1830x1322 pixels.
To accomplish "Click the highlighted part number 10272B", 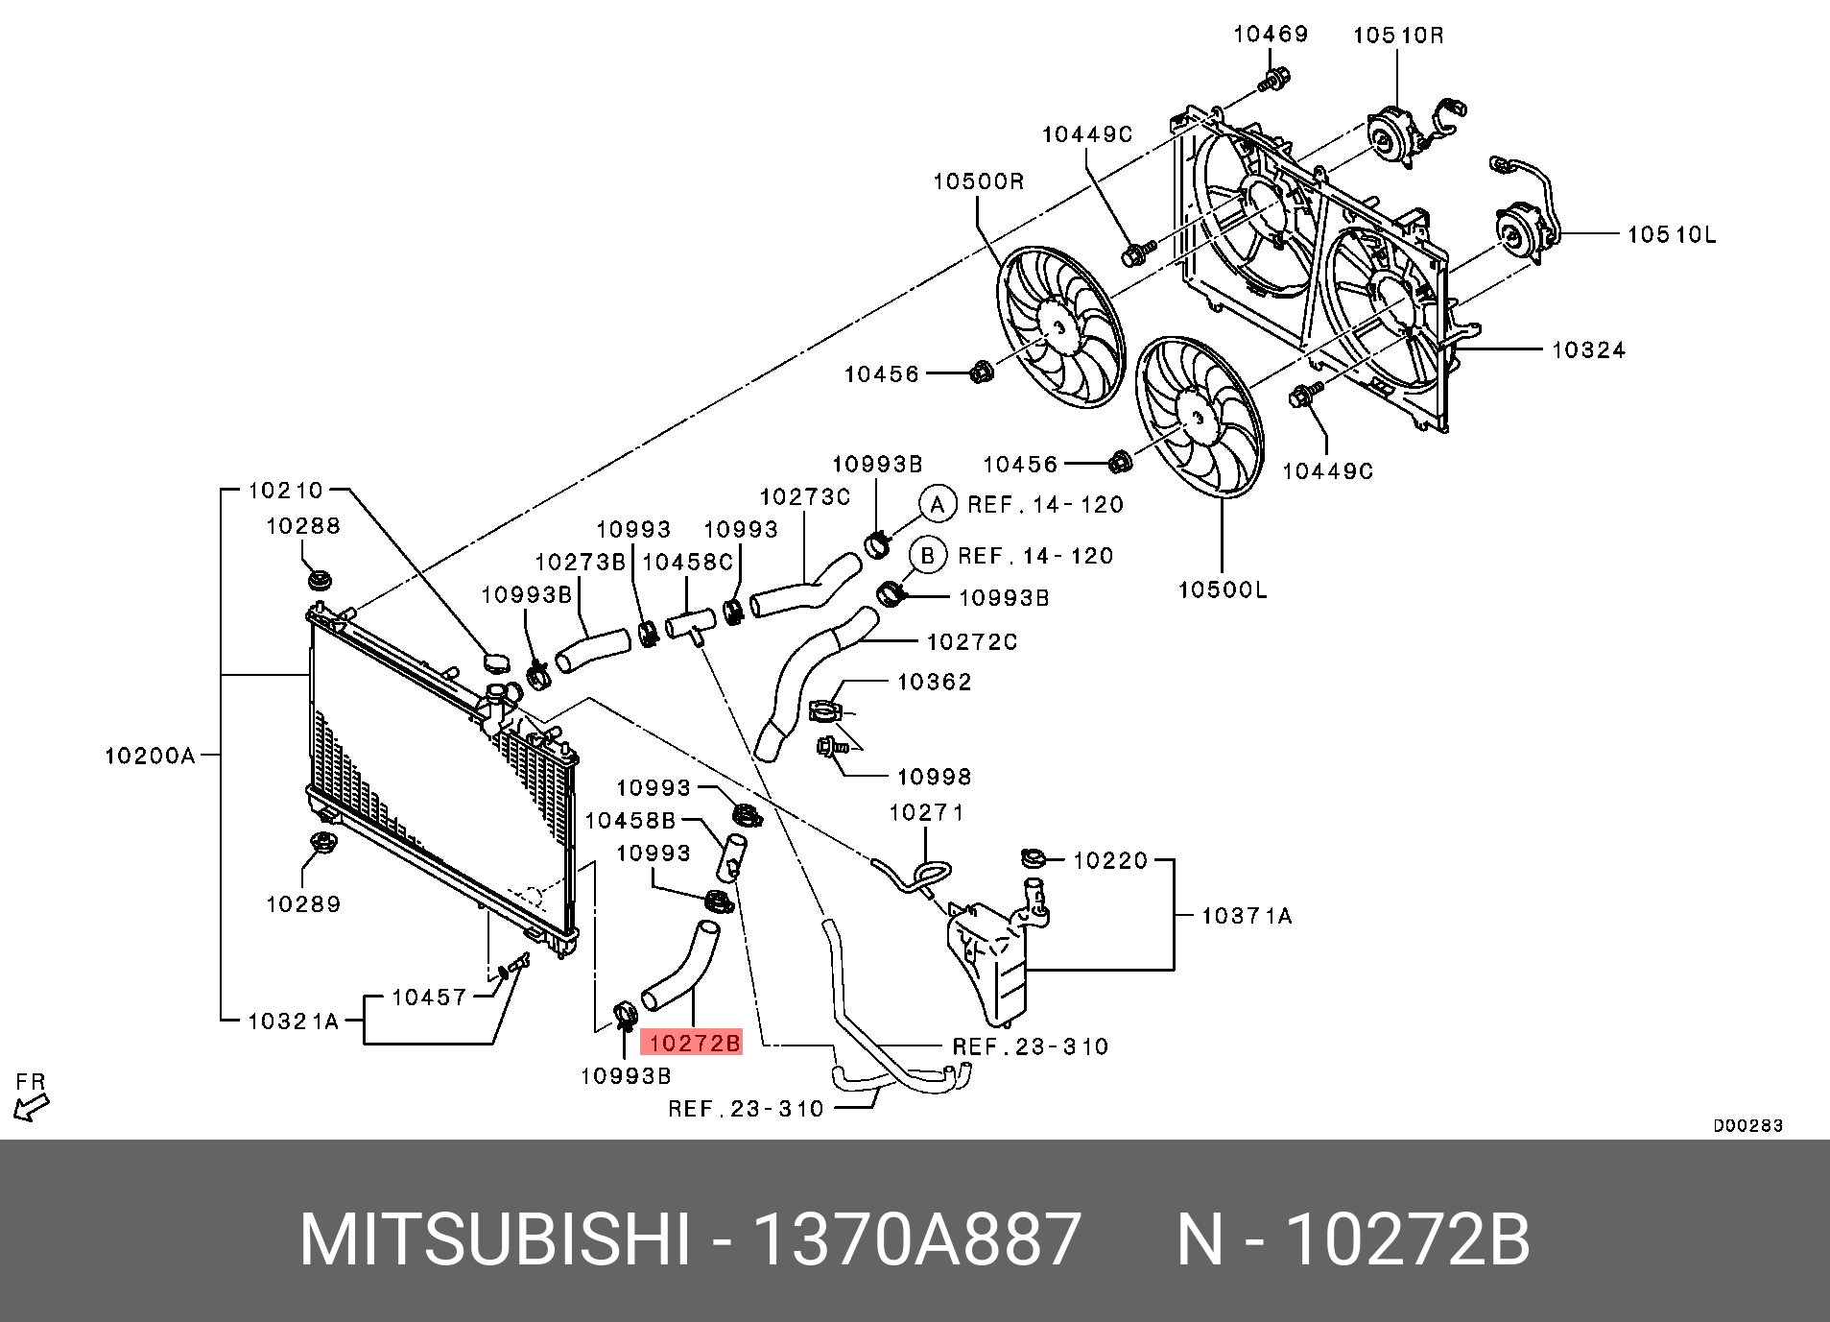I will [x=692, y=1043].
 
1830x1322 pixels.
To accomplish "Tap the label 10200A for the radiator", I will [x=150, y=756].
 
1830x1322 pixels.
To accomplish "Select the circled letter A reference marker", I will [x=938, y=504].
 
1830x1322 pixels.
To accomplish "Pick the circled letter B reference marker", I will [x=928, y=555].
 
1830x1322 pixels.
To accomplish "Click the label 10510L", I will [x=1671, y=234].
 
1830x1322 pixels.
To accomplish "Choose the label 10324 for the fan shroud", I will [x=1588, y=350].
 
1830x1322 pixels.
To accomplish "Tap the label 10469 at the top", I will [x=1270, y=35].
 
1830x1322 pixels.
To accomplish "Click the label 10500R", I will [x=978, y=181].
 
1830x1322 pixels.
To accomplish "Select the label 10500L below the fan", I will [x=1222, y=589].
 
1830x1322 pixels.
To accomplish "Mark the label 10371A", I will [x=1246, y=916].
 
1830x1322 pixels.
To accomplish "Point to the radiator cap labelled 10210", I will [x=496, y=662].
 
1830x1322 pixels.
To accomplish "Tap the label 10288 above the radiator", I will [x=302, y=526].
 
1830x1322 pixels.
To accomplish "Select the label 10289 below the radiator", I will [x=302, y=904].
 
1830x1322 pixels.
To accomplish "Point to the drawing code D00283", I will [x=1747, y=1125].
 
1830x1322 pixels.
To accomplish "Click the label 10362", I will [x=934, y=682].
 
